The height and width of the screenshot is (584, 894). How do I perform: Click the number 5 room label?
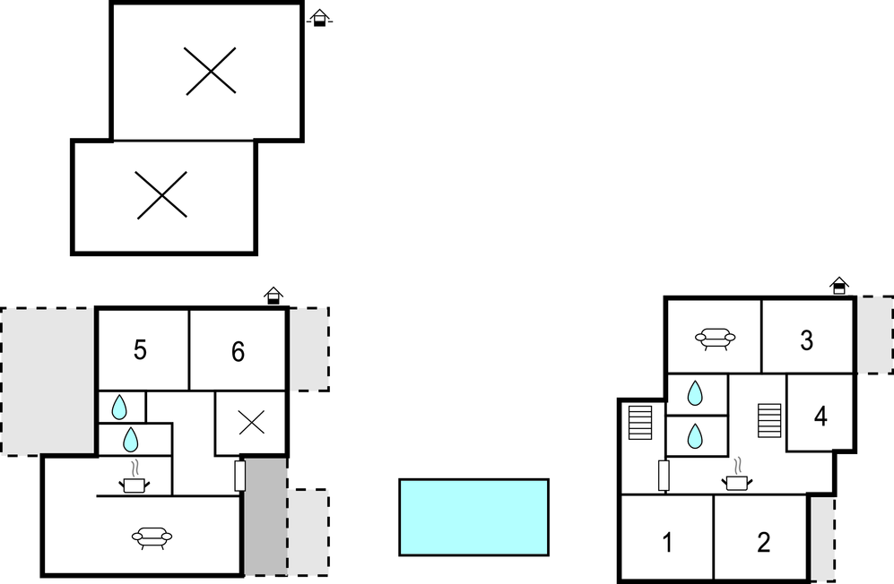click(x=140, y=350)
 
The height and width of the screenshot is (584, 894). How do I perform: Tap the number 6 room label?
click(x=239, y=351)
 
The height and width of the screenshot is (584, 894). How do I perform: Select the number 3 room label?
click(x=806, y=340)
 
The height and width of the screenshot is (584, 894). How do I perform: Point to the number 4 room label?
click(x=820, y=417)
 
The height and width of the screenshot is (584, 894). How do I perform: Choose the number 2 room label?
click(x=764, y=542)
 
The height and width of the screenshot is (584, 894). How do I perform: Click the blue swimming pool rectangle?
click(x=473, y=518)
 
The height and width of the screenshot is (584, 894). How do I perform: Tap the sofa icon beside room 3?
click(x=715, y=339)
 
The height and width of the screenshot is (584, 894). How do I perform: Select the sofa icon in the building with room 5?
click(x=152, y=537)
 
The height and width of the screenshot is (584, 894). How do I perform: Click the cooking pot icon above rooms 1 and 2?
click(x=737, y=476)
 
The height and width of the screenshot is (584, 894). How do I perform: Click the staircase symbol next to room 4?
click(x=769, y=420)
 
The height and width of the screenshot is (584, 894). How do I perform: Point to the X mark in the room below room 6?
click(x=251, y=423)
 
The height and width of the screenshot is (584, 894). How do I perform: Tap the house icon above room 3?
click(x=839, y=286)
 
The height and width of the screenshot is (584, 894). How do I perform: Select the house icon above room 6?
click(x=273, y=295)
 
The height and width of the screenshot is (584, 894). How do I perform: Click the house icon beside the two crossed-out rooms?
click(x=319, y=18)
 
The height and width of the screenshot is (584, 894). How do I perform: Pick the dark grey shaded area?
click(x=265, y=516)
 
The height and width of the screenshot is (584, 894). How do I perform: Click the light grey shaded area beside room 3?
click(x=875, y=335)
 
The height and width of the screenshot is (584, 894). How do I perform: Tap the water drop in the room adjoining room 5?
click(x=119, y=408)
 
